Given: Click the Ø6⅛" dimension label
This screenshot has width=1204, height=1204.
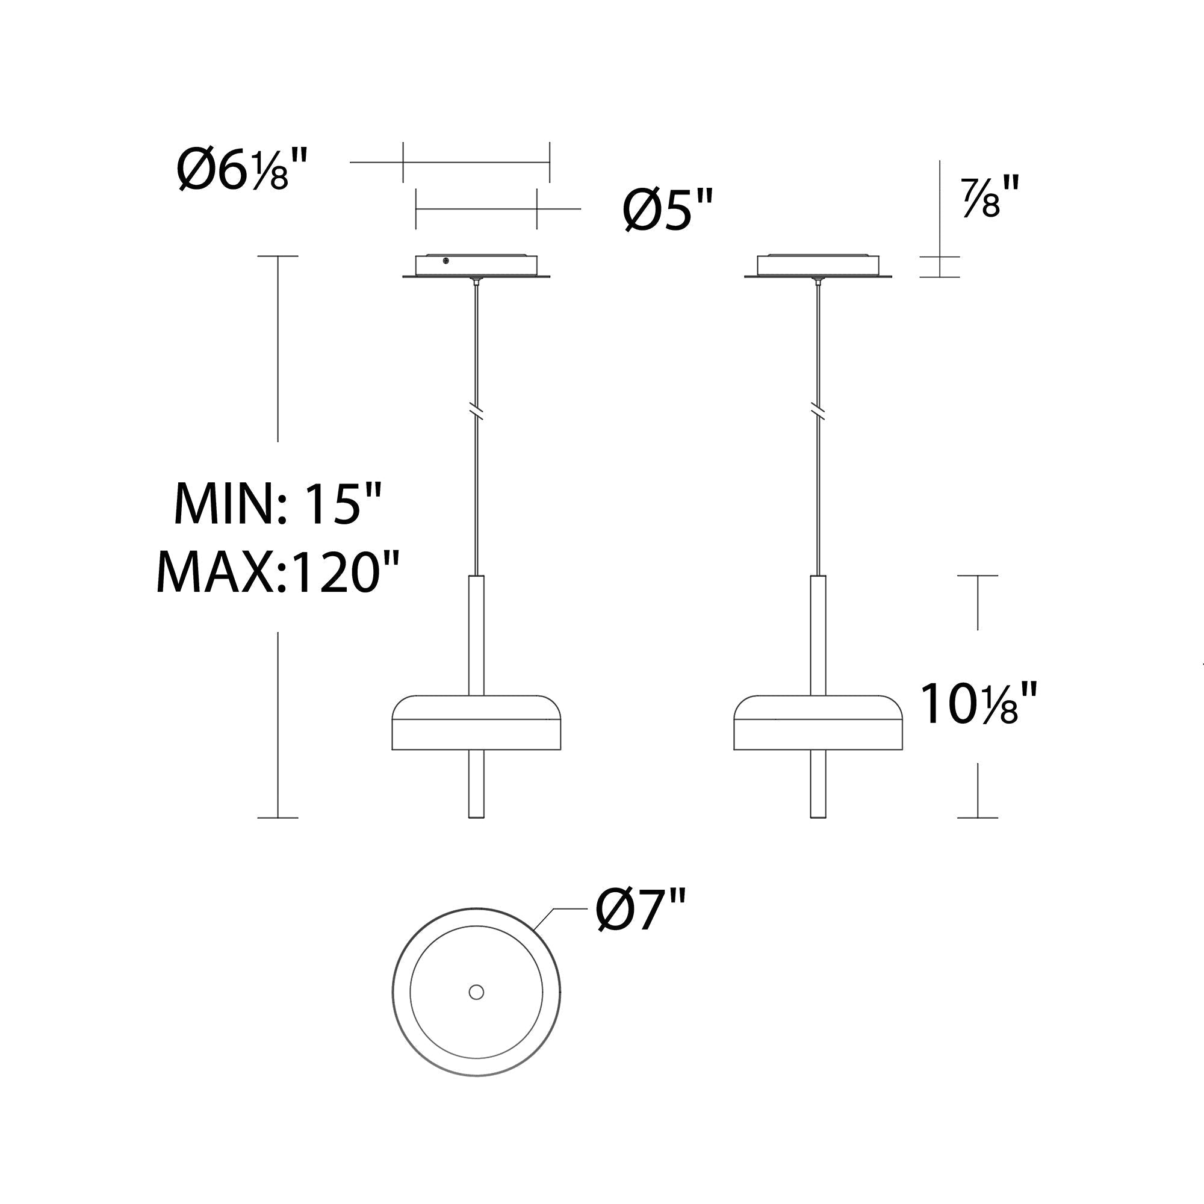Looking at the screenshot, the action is (243, 170).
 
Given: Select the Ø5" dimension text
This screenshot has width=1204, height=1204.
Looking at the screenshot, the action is (668, 209).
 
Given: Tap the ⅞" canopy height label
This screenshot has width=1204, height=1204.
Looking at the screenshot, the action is (991, 196).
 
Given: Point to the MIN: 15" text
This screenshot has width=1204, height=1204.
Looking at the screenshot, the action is (277, 503).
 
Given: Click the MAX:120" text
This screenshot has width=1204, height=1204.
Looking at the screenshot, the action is (277, 571).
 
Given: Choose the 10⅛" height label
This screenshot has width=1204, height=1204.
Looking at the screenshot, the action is (978, 704).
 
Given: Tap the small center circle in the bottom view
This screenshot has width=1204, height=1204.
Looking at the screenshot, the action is (476, 992).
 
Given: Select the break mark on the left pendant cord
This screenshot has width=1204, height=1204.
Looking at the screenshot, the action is (477, 412).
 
